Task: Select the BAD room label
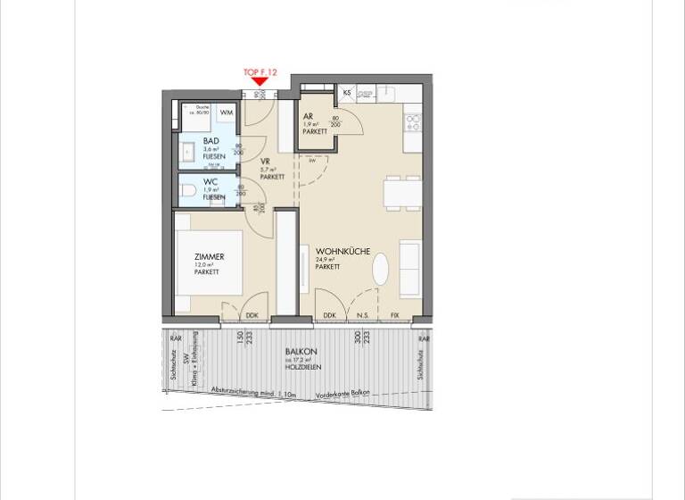click(211, 141)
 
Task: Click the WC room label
click(210, 182)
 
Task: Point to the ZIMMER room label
click(210, 257)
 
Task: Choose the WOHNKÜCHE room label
click(343, 252)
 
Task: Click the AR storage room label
click(308, 117)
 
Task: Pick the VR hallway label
click(266, 162)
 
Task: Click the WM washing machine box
click(227, 112)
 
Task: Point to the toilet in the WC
click(186, 190)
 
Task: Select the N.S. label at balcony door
click(363, 315)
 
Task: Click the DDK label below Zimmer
click(252, 315)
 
